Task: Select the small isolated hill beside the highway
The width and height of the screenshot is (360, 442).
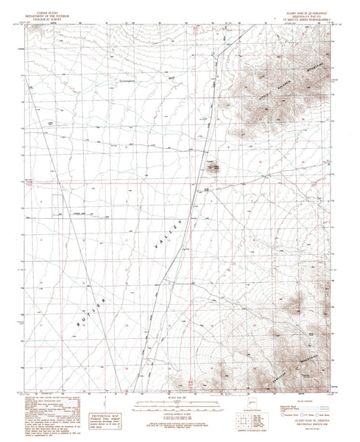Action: [215, 166]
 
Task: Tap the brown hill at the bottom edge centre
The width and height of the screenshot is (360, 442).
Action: [183, 382]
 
